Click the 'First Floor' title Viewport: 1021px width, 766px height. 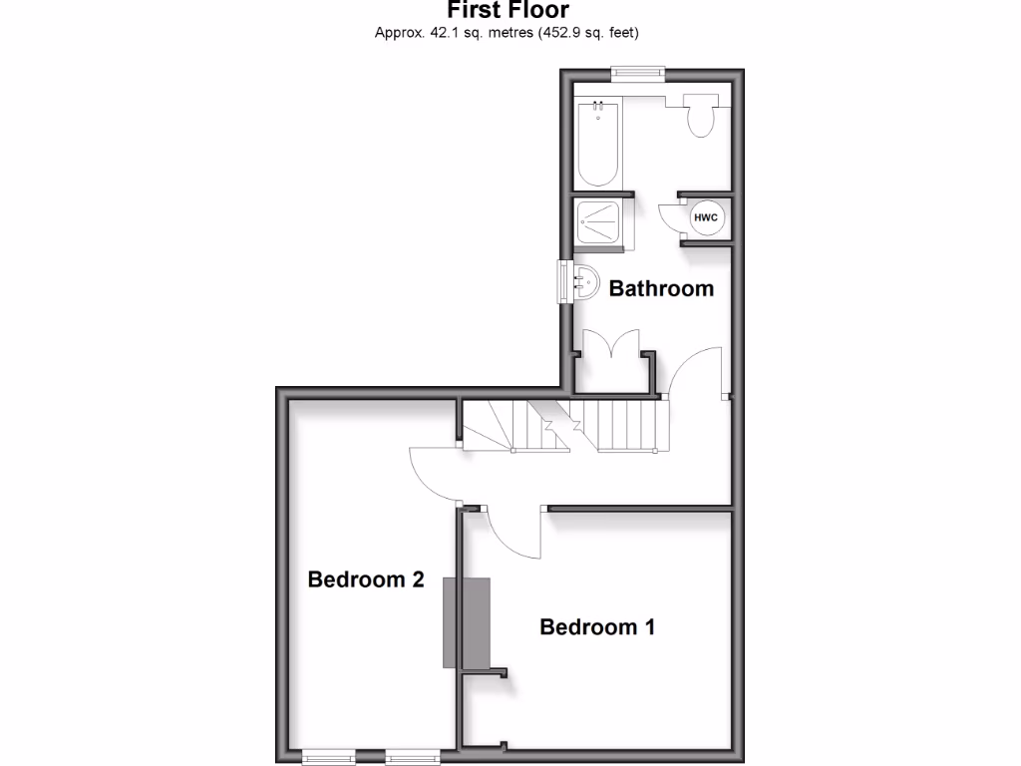click(508, 11)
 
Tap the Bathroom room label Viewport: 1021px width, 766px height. click(661, 289)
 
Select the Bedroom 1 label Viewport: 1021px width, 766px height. click(597, 627)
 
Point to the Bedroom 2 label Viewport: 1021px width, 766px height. click(366, 579)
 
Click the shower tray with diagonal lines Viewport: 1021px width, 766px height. click(600, 220)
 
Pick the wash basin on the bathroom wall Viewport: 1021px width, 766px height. click(583, 282)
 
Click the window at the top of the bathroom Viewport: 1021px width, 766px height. click(638, 71)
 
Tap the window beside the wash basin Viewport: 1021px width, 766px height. click(563, 280)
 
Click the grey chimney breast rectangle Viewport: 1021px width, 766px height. click(467, 622)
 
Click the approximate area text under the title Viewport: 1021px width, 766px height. click(507, 33)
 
